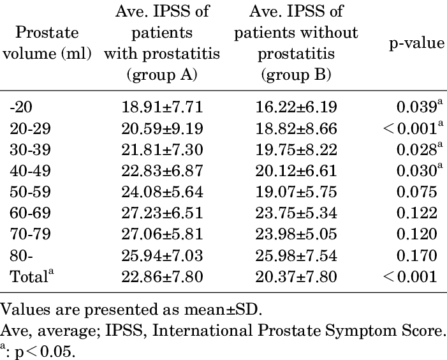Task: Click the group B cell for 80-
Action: pyautogui.click(x=295, y=257)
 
